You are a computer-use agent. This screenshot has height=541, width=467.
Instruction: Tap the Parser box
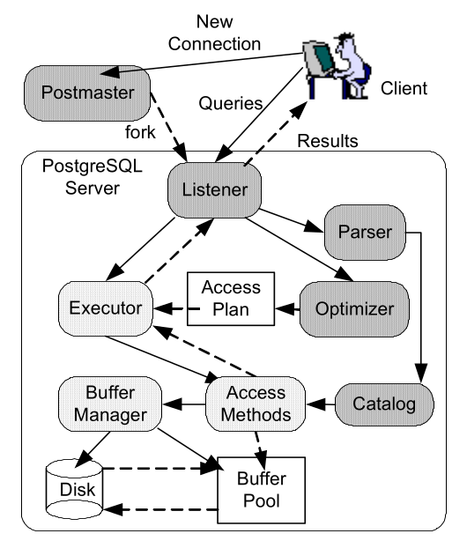point(364,234)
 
